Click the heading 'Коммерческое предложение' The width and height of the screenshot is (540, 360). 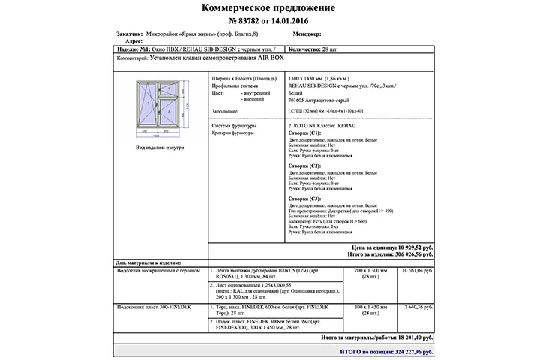point(268,8)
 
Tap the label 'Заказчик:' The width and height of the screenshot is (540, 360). point(130,34)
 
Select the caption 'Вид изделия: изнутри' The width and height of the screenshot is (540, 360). point(159,148)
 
